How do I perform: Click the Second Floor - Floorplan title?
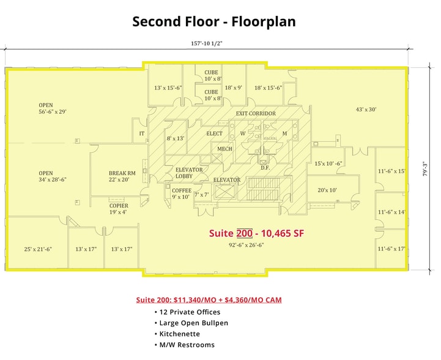(x=214, y=22)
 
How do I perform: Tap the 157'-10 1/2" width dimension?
(x=207, y=43)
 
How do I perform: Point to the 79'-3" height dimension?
(x=425, y=169)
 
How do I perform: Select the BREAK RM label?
(x=122, y=173)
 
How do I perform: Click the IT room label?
(x=142, y=133)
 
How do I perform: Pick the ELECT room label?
(x=214, y=133)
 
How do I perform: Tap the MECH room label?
(x=224, y=149)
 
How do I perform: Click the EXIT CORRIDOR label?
(x=256, y=113)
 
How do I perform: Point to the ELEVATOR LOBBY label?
(x=189, y=173)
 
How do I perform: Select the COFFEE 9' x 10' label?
(x=182, y=194)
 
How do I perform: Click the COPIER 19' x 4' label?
(x=119, y=209)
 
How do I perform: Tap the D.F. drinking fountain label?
(x=265, y=168)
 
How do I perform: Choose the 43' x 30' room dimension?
(x=366, y=110)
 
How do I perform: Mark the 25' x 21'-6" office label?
(x=38, y=249)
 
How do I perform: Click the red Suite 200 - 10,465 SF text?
(x=256, y=233)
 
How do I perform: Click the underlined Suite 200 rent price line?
(x=209, y=300)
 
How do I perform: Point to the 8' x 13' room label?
(x=176, y=138)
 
